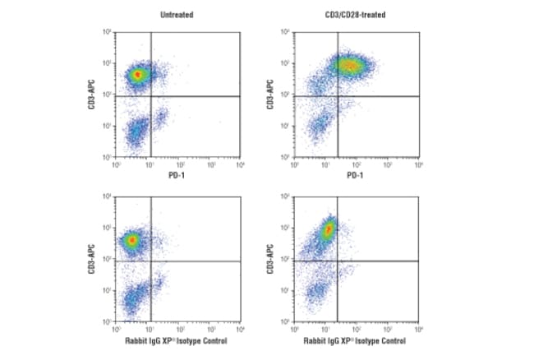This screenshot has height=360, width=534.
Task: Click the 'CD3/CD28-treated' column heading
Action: tap(357, 15)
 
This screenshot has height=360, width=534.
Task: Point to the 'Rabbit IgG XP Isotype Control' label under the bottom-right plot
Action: tap(356, 340)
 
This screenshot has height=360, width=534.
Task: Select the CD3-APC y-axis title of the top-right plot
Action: tap(272, 95)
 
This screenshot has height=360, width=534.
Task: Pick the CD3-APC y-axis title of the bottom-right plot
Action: tap(272, 259)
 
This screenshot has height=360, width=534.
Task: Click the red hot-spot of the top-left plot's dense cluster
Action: tap(137, 74)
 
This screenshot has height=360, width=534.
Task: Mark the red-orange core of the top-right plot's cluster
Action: tap(348, 65)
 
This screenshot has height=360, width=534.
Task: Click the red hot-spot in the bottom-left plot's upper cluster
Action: tap(131, 241)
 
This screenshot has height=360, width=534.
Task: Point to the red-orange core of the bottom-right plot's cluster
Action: tap(327, 229)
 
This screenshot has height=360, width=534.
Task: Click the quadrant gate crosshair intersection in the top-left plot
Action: tap(151, 96)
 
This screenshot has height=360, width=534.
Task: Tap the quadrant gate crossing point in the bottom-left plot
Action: tap(151, 261)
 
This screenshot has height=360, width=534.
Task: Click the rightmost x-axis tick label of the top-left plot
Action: tap(240, 165)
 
